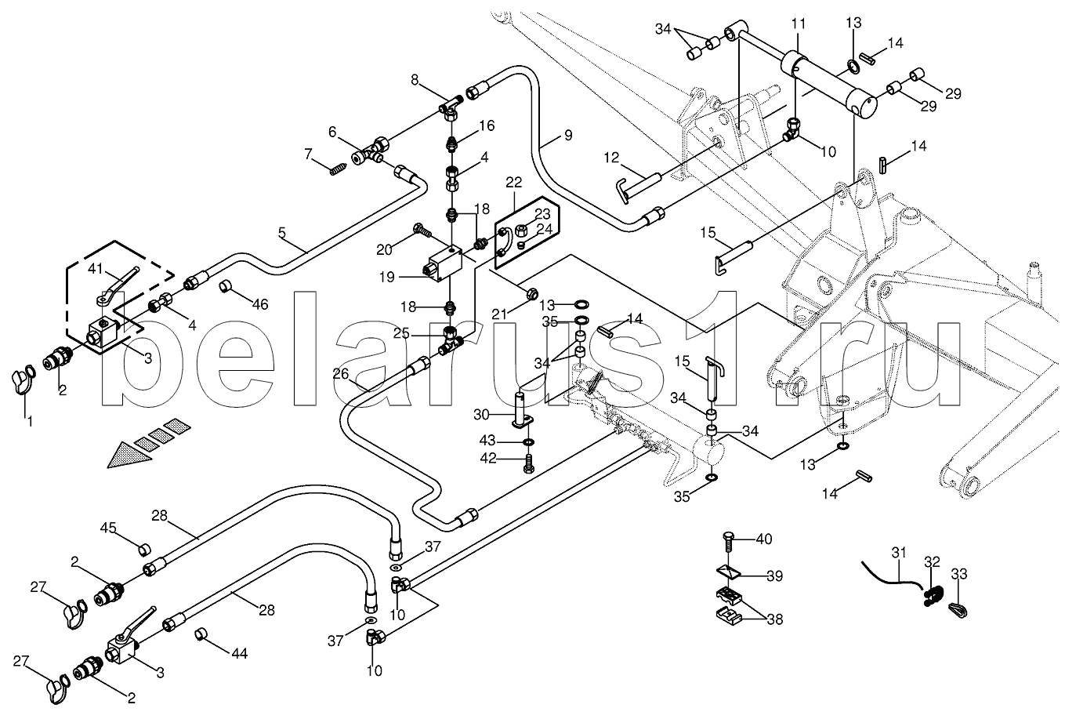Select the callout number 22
coord(513,183)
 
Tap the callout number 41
coord(95,270)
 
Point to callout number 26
coord(340,374)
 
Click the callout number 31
coord(898,553)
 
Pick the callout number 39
coord(774,576)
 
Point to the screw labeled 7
coord(339,167)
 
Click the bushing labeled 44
coord(201,632)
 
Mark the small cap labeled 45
coord(144,547)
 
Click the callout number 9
coord(567,136)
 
